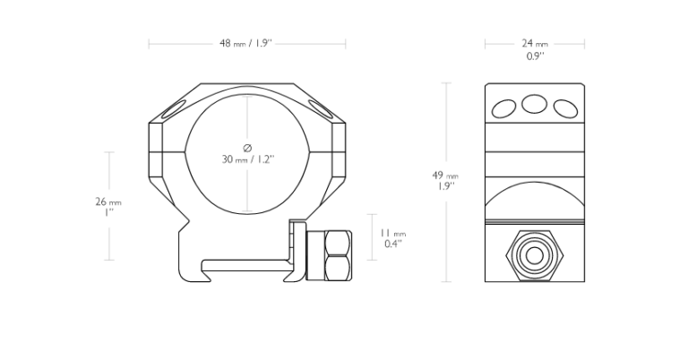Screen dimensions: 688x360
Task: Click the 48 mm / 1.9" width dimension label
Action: (245, 43)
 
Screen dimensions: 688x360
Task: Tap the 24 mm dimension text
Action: (535, 43)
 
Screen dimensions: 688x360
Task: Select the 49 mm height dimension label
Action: (445, 176)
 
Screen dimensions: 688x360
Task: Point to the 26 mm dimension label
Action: (108, 201)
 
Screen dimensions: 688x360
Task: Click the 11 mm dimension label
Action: (393, 233)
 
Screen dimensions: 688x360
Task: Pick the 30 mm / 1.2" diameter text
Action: (248, 159)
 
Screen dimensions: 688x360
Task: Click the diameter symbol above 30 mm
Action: (247, 148)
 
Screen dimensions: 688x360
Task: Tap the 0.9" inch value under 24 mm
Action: (536, 56)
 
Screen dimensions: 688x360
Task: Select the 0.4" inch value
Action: (393, 244)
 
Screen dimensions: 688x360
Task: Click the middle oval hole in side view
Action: (535, 104)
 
